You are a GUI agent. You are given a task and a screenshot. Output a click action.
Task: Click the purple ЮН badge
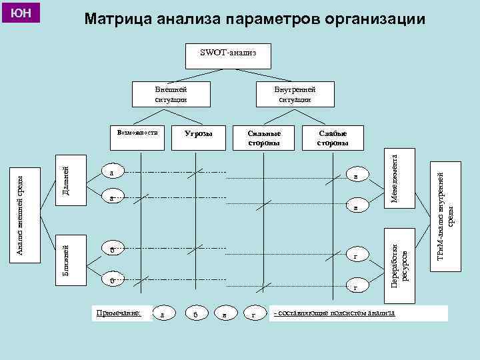coord(22,13)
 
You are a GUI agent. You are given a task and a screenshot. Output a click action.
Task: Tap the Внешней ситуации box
coord(171,94)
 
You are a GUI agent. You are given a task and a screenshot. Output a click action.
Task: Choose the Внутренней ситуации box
coord(294,94)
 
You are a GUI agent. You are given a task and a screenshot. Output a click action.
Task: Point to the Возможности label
coord(137,132)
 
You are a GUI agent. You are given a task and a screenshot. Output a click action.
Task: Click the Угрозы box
coord(198,134)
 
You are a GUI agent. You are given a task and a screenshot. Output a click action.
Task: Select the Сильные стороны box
coord(259,138)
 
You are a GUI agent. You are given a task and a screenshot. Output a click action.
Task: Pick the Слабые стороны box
coord(332,138)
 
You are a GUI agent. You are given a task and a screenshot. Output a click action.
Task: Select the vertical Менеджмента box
coord(395,178)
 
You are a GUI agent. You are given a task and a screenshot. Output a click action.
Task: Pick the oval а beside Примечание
coord(163,313)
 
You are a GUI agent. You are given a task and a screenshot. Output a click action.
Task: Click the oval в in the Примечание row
coord(224,313)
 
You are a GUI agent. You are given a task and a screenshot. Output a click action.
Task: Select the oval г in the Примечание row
coord(254,313)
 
